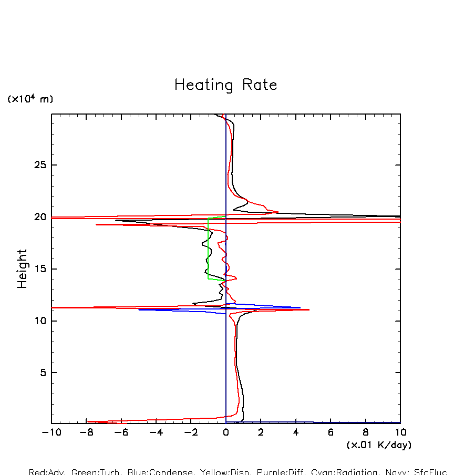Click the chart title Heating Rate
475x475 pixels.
[x=225, y=85]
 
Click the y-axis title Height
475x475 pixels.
[x=22, y=269]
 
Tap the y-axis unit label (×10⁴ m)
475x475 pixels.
[x=30, y=99]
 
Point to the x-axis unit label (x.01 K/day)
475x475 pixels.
[x=379, y=445]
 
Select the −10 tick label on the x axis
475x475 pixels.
[x=51, y=432]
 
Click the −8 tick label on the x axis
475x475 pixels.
[x=86, y=432]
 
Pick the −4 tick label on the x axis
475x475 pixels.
[x=156, y=432]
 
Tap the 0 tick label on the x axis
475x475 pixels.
[x=226, y=432]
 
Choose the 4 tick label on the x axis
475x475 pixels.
[x=296, y=432]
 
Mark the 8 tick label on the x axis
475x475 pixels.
[x=366, y=432]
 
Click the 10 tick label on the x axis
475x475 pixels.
[x=400, y=432]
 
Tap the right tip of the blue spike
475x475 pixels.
[x=300, y=307]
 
